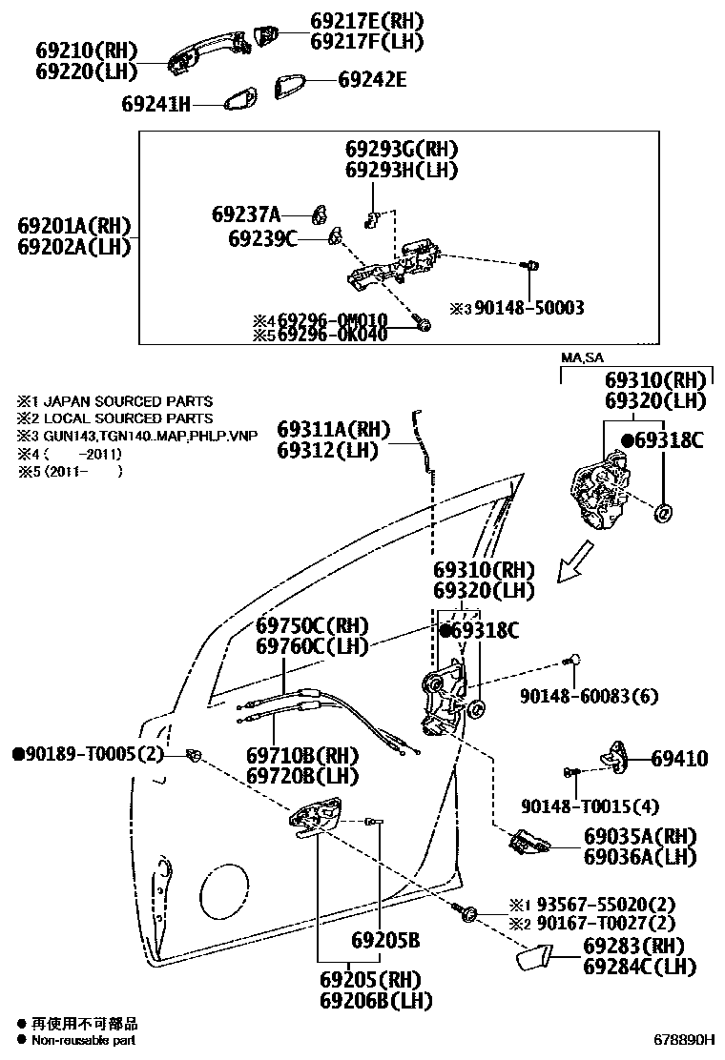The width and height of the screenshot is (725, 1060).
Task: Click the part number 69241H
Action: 156,103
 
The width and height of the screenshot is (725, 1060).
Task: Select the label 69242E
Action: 371,81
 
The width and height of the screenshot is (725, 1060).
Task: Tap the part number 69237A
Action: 246,214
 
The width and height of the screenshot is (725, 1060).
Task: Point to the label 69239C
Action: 262,238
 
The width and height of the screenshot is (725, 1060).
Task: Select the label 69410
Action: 679,759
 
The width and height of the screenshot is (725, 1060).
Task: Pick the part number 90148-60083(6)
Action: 590,697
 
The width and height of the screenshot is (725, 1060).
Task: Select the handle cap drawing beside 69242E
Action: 291,86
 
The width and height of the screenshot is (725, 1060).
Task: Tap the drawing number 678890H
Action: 683,1040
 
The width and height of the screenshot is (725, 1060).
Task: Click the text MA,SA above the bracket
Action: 582,357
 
